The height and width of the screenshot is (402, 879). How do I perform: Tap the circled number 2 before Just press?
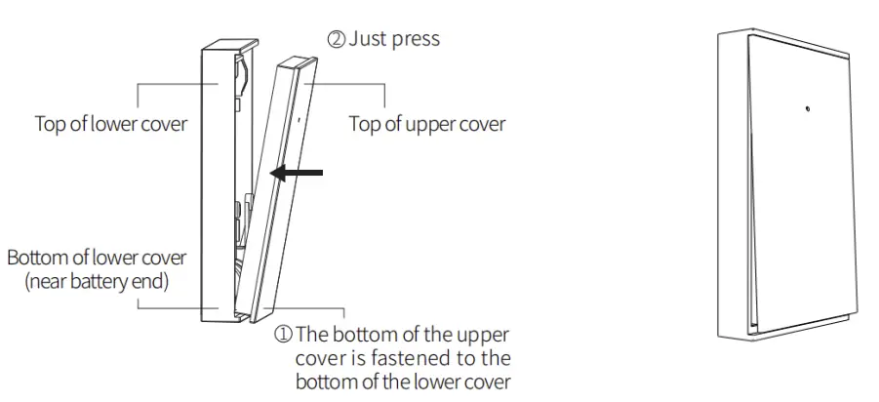click(x=335, y=40)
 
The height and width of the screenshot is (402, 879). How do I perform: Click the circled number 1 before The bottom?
click(x=282, y=333)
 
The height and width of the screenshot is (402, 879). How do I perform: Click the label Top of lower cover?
click(x=110, y=124)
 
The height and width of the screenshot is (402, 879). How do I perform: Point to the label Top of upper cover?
click(x=426, y=124)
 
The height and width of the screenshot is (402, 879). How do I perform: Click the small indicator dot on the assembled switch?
click(x=806, y=105)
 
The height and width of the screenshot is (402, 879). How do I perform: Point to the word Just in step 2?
click(x=370, y=40)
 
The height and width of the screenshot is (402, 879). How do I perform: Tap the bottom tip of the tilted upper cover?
click(x=256, y=318)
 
